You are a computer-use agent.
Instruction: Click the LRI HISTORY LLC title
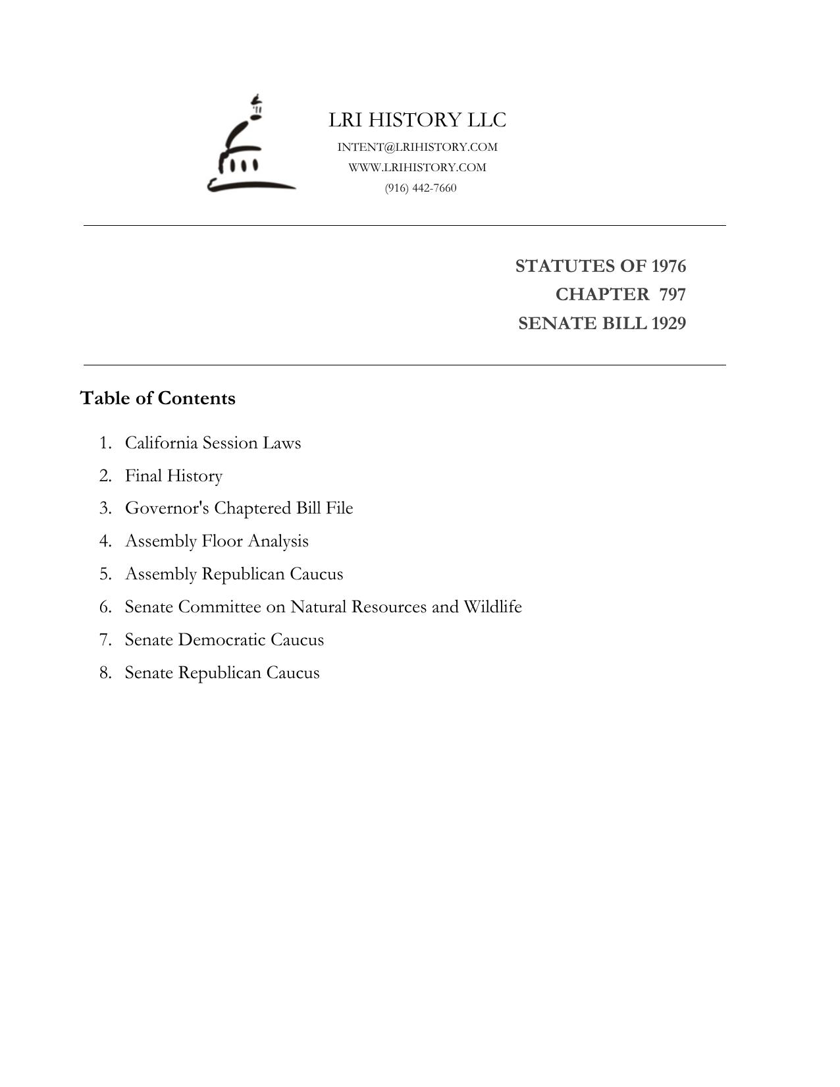tap(417, 120)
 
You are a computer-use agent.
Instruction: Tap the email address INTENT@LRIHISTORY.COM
tap(417, 147)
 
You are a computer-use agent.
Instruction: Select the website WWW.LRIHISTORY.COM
tap(417, 168)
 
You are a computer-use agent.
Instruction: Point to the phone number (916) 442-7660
tap(421, 188)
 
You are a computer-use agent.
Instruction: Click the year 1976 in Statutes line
tap(668, 267)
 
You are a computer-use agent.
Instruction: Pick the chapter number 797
tap(672, 295)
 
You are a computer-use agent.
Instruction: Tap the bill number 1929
tap(668, 324)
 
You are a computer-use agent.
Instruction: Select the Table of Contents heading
tap(158, 399)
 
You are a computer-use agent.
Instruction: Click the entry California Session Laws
tap(213, 443)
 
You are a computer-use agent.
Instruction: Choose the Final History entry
tap(174, 476)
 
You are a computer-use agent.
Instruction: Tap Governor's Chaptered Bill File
tap(239, 509)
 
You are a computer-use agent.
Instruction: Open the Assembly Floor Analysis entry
tap(217, 542)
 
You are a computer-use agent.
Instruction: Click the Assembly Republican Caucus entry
tap(234, 575)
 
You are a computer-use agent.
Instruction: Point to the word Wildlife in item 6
tap(492, 607)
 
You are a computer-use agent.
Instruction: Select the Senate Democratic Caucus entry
tap(224, 640)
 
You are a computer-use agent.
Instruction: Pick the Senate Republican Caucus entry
tap(222, 673)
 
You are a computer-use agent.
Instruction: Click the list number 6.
tap(105, 607)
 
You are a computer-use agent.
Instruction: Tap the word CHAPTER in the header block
tap(602, 295)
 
